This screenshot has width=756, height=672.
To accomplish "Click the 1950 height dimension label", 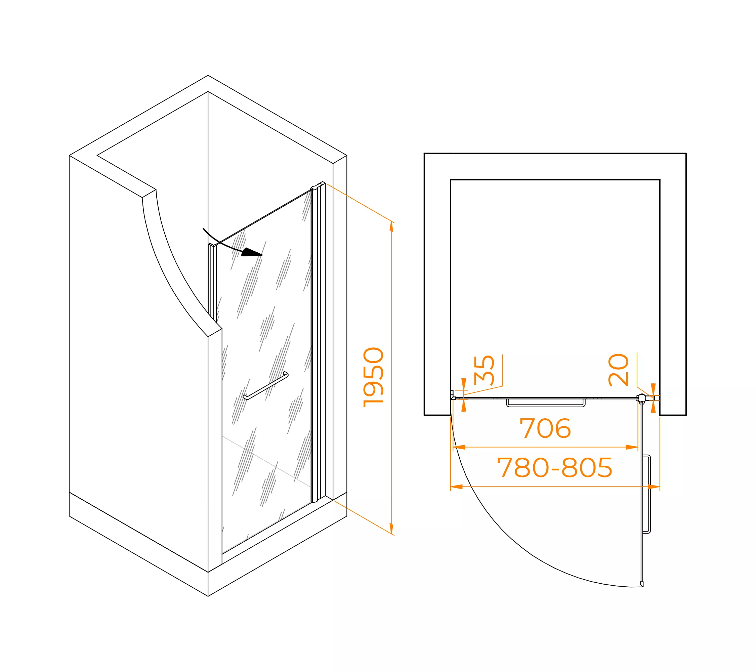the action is coord(373,377).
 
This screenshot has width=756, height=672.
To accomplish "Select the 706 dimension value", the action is coord(545,428).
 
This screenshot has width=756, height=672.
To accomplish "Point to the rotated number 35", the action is coord(484,370).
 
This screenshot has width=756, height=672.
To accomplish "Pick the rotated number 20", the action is coord(619,370).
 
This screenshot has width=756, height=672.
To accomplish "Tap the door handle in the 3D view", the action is coord(265,386).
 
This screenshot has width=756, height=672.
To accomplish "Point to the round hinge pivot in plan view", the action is coord(642,398).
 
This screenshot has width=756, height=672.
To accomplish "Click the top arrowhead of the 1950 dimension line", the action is coord(391,226).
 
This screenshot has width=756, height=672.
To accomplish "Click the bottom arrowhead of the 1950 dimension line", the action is coord(391,529).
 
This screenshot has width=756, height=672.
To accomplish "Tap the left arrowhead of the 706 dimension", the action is coord(459,447).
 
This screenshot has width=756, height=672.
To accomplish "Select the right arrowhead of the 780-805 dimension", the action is coord(654,487).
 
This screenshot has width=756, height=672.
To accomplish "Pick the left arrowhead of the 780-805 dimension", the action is coord(456,487).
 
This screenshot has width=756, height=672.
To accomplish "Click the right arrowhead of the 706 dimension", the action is coord(632,447).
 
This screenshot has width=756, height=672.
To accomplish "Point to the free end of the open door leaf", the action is coord(642,584).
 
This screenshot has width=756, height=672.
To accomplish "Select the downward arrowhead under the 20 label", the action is coord(653,389).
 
